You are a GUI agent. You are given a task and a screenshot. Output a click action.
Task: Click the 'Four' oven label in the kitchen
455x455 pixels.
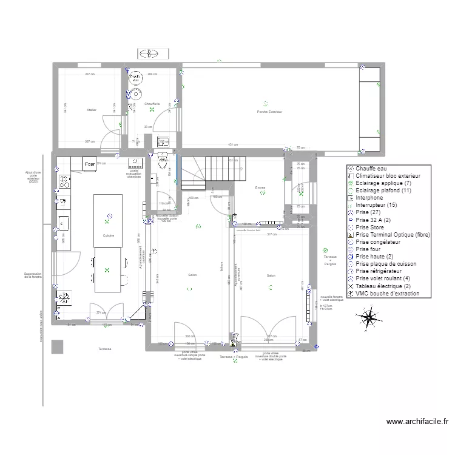point(90,164)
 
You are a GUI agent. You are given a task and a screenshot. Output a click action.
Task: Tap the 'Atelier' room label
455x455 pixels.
point(92,110)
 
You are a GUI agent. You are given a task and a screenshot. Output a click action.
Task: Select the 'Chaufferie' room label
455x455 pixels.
point(152,104)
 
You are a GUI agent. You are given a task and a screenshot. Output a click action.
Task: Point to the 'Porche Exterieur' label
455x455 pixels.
point(270,112)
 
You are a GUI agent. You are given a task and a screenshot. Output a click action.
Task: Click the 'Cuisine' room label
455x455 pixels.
point(109,235)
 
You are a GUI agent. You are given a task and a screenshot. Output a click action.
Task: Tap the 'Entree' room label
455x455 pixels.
point(260,187)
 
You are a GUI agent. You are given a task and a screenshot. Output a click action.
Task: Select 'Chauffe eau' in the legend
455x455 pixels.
point(371,169)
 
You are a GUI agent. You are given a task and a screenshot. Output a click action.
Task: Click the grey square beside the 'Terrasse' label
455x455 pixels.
point(58,346)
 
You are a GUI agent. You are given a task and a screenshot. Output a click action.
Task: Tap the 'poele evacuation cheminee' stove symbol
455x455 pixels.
point(134,163)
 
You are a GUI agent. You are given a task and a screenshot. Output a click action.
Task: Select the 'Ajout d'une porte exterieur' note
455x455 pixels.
point(33,177)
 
